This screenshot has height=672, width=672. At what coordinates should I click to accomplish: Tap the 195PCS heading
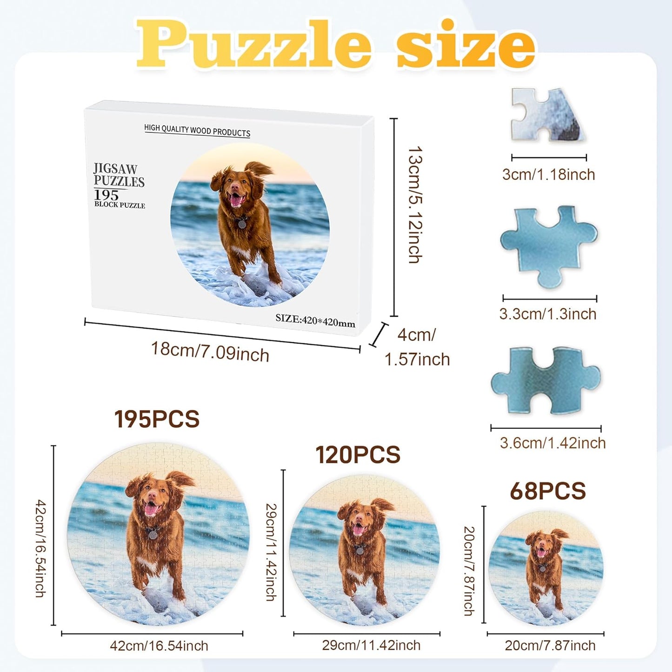click(157, 419)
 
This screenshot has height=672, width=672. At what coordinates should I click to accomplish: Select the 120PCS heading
click(358, 455)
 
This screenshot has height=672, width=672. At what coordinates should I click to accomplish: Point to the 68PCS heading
click(547, 491)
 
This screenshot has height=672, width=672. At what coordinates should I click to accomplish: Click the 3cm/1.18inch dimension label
click(548, 174)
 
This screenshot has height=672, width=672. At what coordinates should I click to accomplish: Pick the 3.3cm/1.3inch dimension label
click(547, 314)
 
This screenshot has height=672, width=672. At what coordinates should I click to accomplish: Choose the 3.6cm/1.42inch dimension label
click(552, 443)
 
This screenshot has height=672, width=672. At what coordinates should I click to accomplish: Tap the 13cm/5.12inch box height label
click(415, 205)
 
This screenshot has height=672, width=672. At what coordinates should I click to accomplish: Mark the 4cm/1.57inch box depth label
click(417, 347)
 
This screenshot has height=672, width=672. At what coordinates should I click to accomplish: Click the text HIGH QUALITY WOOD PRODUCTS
click(197, 131)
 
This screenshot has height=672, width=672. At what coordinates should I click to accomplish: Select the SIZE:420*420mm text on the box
click(315, 320)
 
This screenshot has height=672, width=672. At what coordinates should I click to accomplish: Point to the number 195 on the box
click(106, 194)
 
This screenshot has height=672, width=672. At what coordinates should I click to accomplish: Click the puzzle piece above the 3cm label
click(546, 114)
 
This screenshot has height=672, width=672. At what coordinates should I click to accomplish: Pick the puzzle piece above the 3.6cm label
click(546, 380)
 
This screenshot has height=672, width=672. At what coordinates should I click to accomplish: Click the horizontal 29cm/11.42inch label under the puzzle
click(371, 645)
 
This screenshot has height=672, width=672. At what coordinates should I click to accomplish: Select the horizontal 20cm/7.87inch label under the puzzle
click(550, 645)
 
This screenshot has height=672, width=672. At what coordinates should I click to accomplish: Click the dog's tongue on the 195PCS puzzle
click(150, 510)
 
